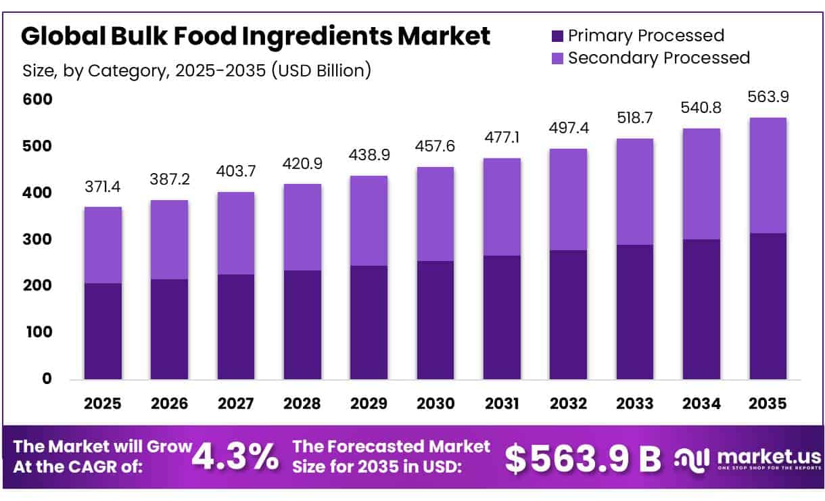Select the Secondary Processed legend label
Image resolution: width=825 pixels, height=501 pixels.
coord(659,58)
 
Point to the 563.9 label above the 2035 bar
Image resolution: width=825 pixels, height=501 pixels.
coord(768,97)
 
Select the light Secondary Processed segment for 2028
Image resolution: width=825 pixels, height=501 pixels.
coord(302,226)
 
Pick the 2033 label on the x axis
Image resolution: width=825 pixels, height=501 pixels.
coord(634,404)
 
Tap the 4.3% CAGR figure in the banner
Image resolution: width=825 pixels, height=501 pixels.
coord(235,458)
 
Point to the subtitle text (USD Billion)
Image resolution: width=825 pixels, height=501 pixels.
coord(321,70)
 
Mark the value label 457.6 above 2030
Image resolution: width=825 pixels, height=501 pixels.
coord(435,147)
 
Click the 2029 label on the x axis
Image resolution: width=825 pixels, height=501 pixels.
coord(369,404)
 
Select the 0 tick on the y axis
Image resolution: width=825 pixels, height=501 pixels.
coord(47,379)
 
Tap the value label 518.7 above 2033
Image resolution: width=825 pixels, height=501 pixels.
coord(634,118)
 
